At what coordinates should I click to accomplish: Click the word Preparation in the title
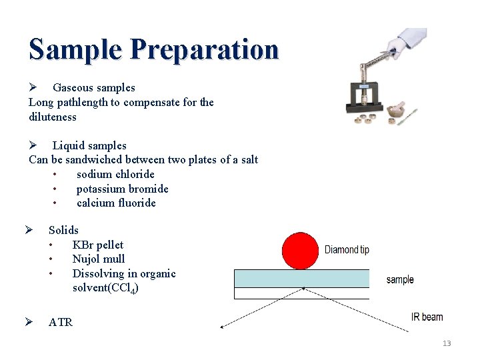point(204,49)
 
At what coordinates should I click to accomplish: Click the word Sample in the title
point(75,49)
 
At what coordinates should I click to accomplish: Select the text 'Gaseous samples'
point(93,87)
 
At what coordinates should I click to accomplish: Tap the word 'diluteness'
point(53,117)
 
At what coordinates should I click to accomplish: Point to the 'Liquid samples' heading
point(89,145)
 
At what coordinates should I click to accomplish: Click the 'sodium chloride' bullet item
point(115,174)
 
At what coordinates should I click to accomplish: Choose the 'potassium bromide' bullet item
point(122,189)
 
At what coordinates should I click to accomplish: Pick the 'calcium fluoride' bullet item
point(116,203)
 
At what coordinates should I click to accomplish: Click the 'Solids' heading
point(63,230)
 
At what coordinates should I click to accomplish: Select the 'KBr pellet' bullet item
point(97,245)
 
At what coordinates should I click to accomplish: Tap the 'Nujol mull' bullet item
point(99,259)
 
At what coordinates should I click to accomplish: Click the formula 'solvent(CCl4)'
point(105,288)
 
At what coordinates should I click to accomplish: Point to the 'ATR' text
point(61,322)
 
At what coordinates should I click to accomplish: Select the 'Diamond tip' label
point(347,250)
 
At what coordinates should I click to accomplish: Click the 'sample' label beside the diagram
point(400,279)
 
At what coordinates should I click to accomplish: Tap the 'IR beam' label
point(427,317)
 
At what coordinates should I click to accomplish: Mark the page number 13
point(446,343)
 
